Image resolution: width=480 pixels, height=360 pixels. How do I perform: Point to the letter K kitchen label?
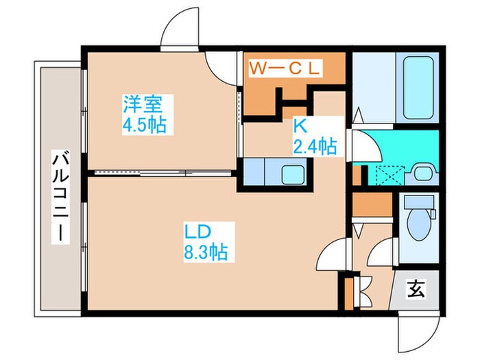click(x=300, y=126)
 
